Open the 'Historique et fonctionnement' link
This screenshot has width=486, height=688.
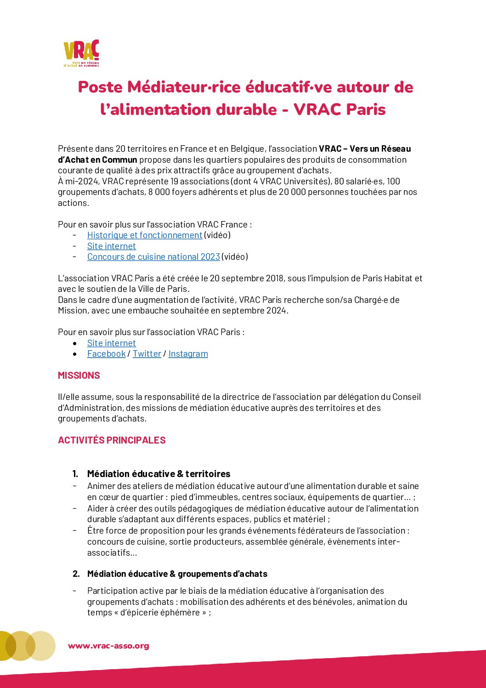(145, 235)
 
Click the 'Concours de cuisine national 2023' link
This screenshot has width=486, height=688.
(153, 257)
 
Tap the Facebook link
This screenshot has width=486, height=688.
(106, 354)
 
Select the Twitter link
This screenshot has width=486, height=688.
(147, 354)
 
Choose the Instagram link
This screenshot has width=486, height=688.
(188, 354)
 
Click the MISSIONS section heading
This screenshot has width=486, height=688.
(79, 375)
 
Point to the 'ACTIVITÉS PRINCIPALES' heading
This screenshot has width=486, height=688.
(112, 440)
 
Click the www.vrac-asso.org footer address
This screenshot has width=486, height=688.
(108, 646)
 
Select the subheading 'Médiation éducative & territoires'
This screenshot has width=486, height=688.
(158, 474)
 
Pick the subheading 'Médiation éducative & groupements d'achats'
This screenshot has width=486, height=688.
(177, 574)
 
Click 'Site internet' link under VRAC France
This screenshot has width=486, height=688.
(112, 246)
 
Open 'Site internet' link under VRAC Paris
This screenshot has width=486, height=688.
(112, 343)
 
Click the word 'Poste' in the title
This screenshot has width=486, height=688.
(100, 87)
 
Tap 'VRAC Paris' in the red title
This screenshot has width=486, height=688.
(339, 109)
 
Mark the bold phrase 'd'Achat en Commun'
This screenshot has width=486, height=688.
(97, 160)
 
